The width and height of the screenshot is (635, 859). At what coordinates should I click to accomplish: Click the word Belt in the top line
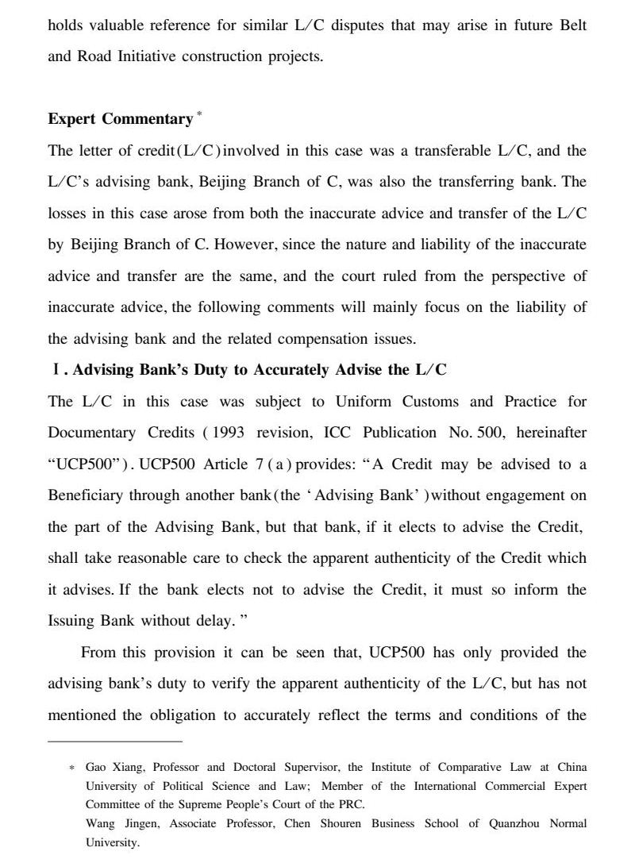[571, 25]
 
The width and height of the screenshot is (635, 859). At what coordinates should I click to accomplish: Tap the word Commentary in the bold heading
[148, 119]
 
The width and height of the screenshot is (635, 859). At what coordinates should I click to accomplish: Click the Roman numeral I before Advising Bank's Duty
[54, 370]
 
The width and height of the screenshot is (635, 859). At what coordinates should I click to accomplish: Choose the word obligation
[181, 715]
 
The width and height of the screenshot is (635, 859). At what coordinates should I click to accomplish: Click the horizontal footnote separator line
[115, 742]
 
